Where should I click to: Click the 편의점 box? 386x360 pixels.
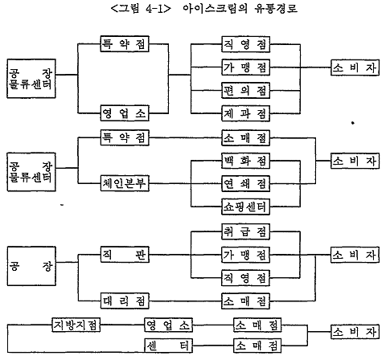click(245, 91)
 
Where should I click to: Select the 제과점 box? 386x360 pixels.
click(245, 113)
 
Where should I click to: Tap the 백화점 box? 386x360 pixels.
click(245, 161)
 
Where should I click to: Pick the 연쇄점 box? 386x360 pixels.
click(245, 184)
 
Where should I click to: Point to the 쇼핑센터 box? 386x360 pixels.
click(245, 207)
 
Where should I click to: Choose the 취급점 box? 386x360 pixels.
click(245, 231)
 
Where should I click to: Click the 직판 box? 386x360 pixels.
click(125, 255)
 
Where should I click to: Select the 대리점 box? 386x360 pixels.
click(125, 301)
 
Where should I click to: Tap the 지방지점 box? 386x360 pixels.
click(76, 325)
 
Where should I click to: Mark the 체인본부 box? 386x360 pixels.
click(125, 183)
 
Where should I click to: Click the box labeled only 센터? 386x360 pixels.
click(169, 346)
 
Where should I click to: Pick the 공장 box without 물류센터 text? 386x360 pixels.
click(31, 266)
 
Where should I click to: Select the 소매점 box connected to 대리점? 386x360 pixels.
click(245, 301)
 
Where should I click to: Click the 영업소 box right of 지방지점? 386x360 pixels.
click(169, 325)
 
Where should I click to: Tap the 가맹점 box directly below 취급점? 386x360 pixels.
click(245, 255)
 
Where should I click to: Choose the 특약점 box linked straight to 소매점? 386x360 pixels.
click(125, 137)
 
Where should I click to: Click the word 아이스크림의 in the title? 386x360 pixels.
click(215, 9)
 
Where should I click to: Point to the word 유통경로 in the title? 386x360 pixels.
click(276, 9)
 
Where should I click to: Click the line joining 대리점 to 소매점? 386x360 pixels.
click(185, 301)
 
